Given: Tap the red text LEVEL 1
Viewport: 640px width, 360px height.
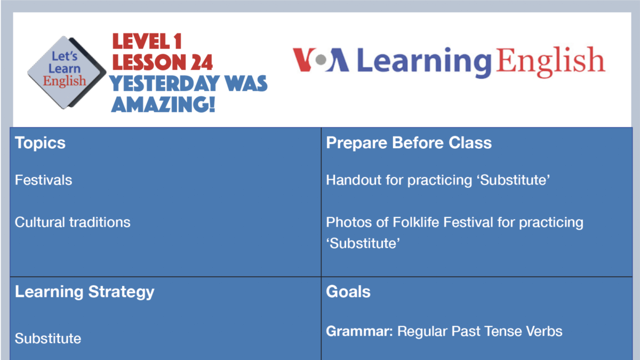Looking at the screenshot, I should pos(148,42).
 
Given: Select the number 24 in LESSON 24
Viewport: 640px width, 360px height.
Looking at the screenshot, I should pos(199,62).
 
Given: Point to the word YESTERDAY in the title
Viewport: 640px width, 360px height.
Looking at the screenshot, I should pos(162,83).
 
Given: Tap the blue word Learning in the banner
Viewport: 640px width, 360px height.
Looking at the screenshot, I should pos(424,61).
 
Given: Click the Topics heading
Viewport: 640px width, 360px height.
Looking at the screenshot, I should pos(40,143).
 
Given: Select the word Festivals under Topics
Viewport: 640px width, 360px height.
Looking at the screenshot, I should pos(43,180).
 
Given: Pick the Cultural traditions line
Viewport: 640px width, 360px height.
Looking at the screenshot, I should pos(73,222).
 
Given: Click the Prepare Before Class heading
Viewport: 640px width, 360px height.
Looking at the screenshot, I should pos(409,143).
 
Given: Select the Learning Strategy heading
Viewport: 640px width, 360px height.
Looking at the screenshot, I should pos(84,292).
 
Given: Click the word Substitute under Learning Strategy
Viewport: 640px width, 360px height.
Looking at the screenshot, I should pos(48,339).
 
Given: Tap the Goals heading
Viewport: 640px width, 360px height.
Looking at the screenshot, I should pos(348,292).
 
